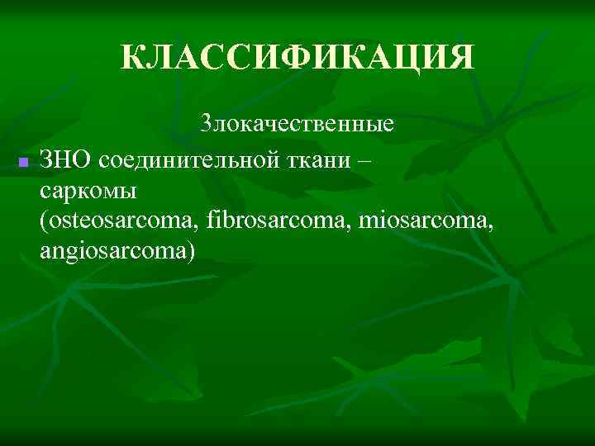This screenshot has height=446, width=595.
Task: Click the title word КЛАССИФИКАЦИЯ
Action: pos(297,58)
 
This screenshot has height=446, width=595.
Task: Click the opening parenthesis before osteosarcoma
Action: pos(43,221)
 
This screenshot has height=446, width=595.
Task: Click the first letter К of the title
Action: pos(131,58)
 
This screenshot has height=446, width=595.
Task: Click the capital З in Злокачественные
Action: pos(207,126)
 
